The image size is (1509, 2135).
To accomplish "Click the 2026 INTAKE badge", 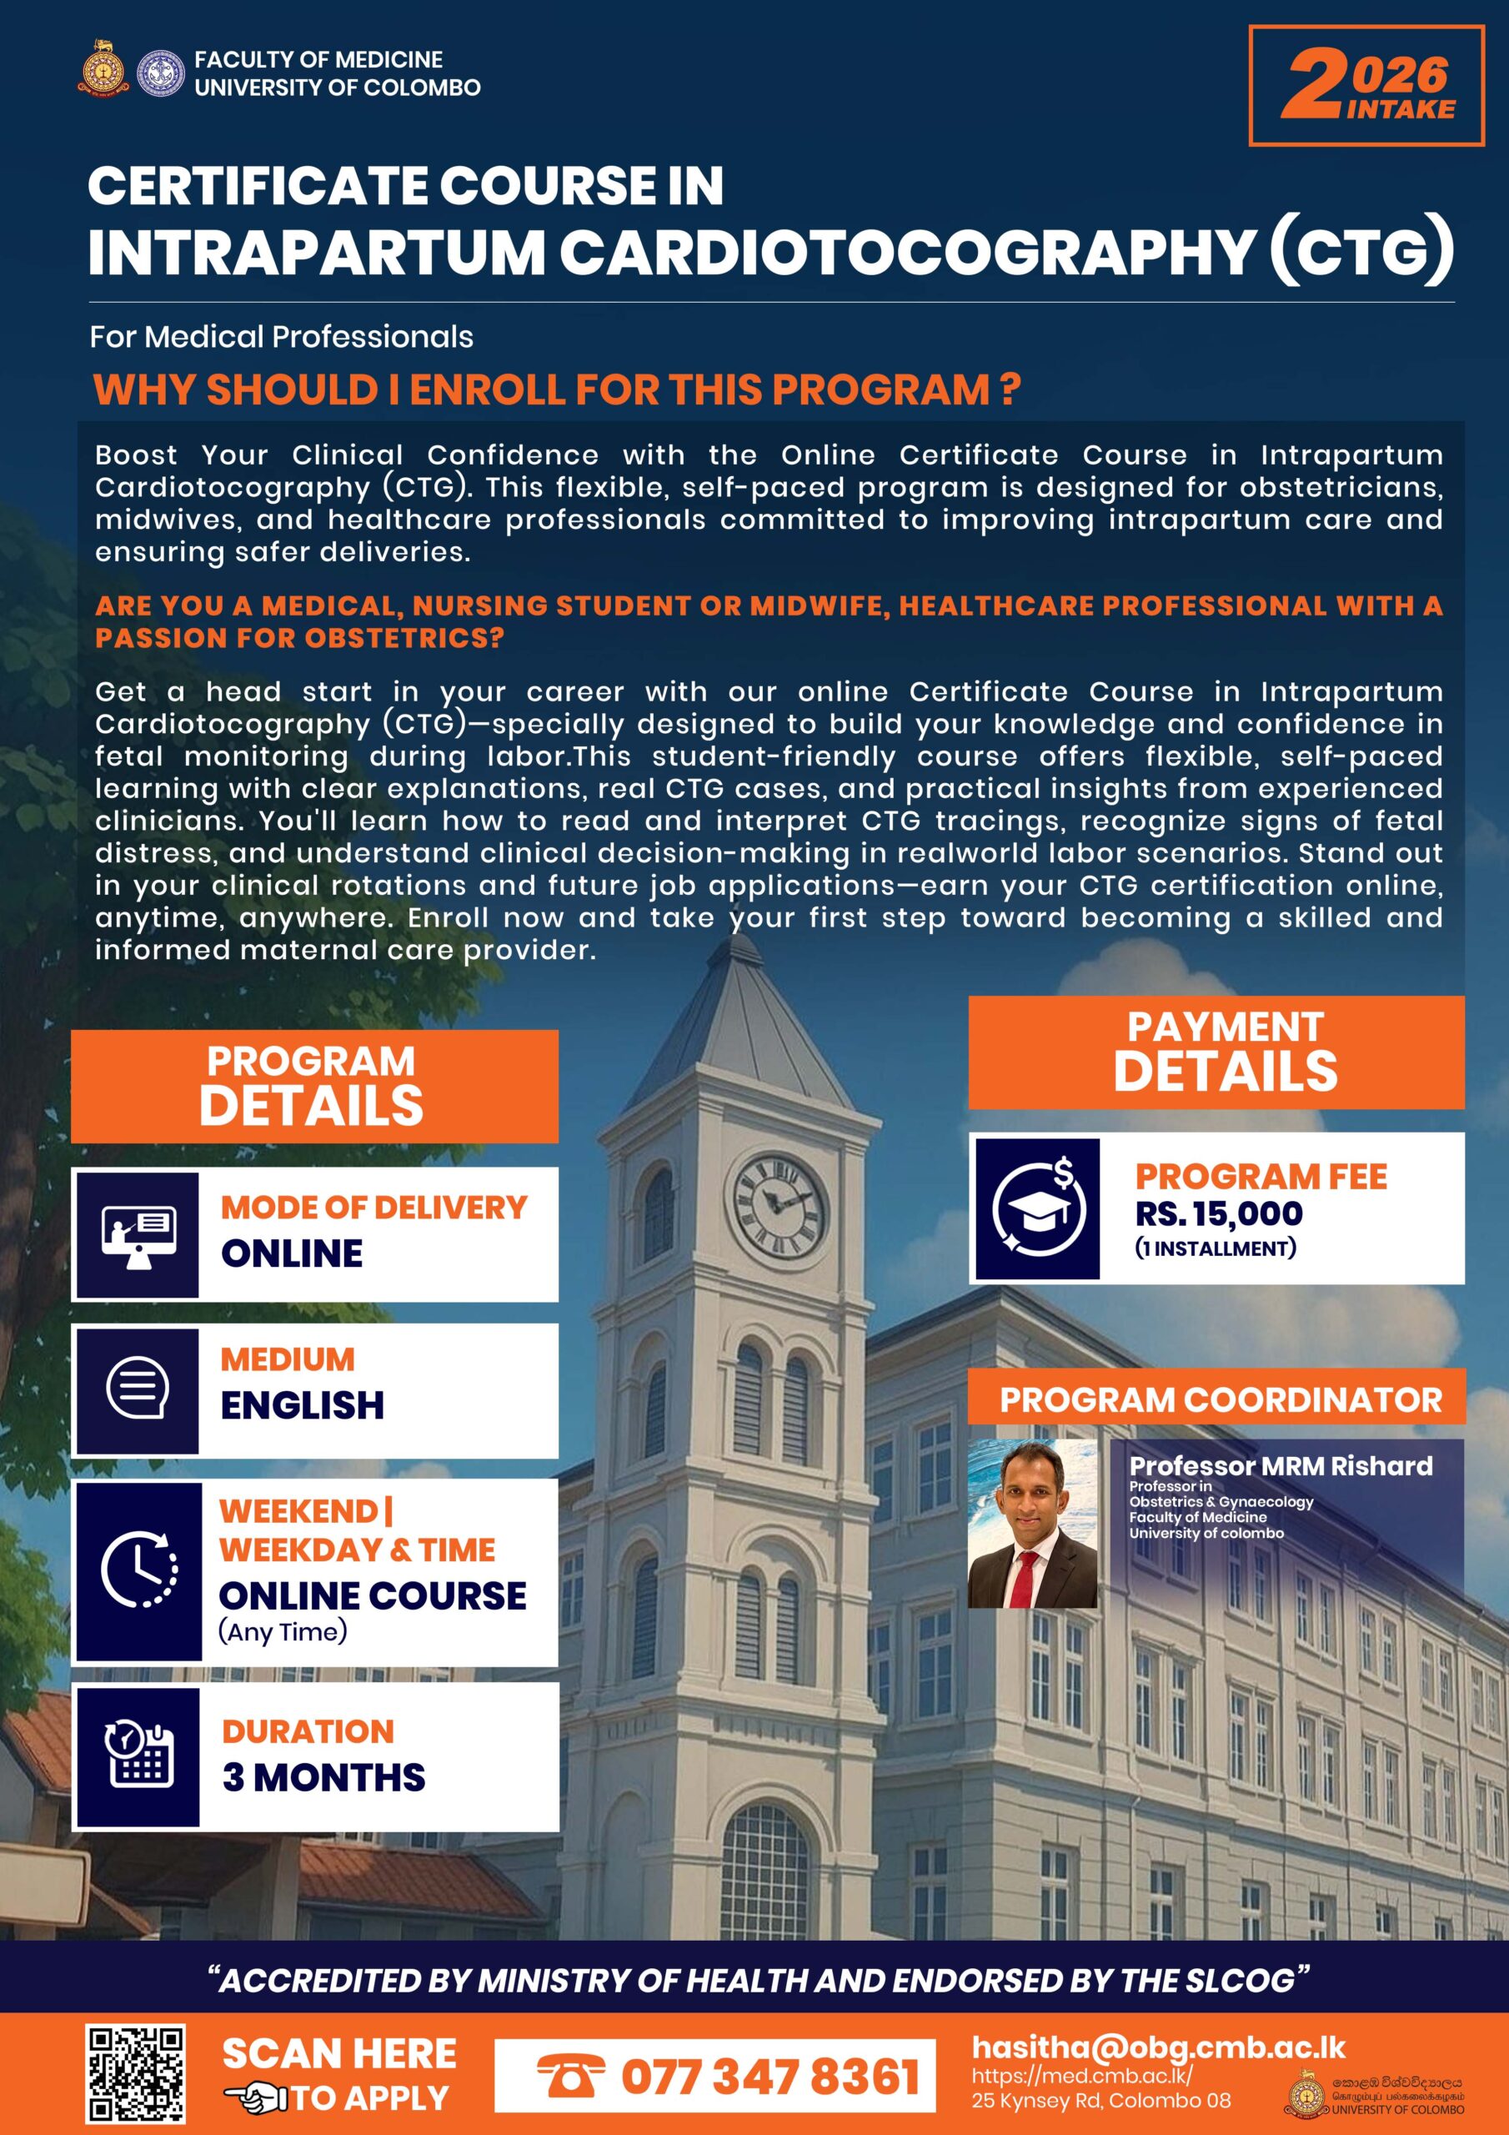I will (x=1366, y=86).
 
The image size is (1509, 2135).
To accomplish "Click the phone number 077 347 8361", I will (x=769, y=2076).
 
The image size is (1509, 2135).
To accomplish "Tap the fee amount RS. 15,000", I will (x=1218, y=1213).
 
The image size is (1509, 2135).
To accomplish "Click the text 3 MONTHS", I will (x=323, y=1777).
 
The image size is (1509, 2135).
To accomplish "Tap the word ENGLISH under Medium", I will (x=302, y=1405).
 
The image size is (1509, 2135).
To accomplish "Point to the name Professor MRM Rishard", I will (x=1281, y=1466).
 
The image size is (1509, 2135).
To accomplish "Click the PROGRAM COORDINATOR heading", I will (x=1220, y=1399).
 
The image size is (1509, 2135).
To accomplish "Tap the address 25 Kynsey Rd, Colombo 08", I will (x=1100, y=2100).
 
